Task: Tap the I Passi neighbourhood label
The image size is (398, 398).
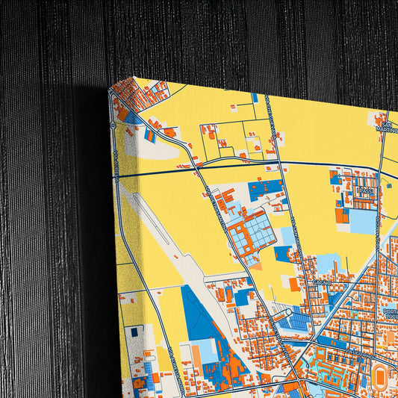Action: [366, 192]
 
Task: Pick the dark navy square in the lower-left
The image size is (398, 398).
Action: [134, 330]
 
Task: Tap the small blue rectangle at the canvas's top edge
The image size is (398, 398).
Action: [255, 97]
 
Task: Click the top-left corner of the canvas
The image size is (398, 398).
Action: [134, 77]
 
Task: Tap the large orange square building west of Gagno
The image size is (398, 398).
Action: [292, 283]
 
